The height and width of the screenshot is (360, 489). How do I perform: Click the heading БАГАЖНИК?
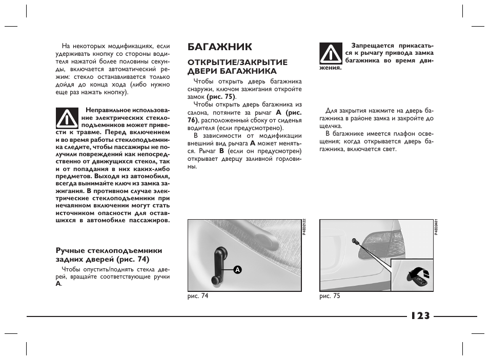click(220, 47)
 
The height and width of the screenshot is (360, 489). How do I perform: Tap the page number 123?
click(420, 315)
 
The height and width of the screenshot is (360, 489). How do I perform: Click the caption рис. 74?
click(198, 296)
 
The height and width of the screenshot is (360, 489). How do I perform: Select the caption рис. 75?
click(330, 296)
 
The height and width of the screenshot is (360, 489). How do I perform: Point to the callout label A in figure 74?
click(238, 269)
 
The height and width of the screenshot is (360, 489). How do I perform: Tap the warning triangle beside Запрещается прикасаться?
click(331, 53)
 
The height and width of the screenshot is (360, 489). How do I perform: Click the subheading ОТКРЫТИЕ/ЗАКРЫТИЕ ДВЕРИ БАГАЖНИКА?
click(237, 67)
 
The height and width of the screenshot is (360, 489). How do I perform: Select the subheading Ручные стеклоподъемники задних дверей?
click(109, 255)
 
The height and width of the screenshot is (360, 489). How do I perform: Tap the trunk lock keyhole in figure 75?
click(354, 241)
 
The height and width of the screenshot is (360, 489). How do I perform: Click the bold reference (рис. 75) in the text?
click(221, 96)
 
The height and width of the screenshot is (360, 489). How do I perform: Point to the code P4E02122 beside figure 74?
click(304, 226)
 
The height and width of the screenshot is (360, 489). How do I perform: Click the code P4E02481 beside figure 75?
click(436, 226)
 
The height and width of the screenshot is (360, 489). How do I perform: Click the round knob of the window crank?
click(214, 279)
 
